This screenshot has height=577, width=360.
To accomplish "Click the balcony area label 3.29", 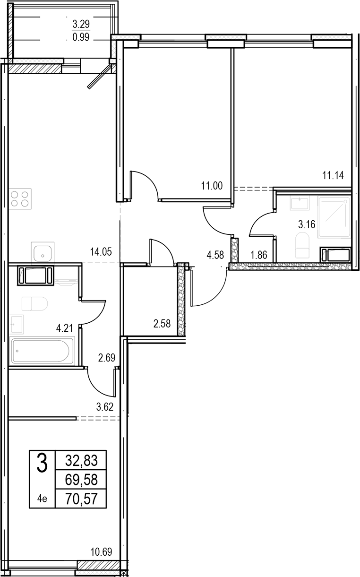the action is tap(81, 24).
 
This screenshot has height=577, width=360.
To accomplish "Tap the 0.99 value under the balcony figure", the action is tap(81, 37).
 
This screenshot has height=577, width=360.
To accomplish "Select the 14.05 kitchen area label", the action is tap(101, 252).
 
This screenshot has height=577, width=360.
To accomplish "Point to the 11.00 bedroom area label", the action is tap(212, 185).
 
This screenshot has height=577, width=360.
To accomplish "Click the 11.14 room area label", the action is tap(333, 175).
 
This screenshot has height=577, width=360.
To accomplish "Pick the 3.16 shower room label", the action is tap(307, 224).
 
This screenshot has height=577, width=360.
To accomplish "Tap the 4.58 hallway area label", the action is tap(215, 255).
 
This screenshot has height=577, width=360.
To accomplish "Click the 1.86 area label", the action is tap(258, 255).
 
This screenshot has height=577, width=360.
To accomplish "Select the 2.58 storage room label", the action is tap(162, 324).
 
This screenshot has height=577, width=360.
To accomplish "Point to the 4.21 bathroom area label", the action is tap(64, 328).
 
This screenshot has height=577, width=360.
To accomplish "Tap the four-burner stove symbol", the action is tap(20, 199).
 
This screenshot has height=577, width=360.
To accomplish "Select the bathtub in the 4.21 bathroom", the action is tap(42, 351).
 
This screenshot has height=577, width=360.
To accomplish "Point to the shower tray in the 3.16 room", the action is tap(334, 217).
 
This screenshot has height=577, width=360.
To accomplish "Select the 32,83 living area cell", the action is tap(81, 461).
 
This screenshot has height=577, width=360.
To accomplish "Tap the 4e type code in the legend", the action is tap(42, 499).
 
